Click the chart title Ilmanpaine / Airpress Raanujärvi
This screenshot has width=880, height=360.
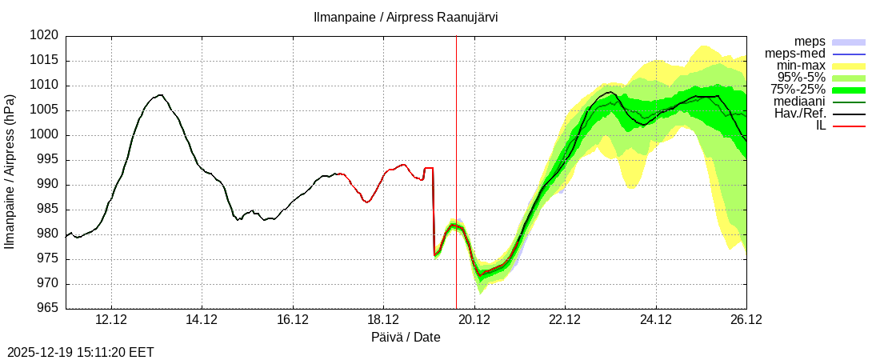tap(406, 18)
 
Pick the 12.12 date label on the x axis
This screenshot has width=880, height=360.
tap(110, 320)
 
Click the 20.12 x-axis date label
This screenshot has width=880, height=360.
tap(474, 320)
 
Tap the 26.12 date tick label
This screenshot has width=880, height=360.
tap(746, 320)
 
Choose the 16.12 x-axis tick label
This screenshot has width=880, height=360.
tap(292, 320)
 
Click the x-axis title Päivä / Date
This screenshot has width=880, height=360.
tap(406, 338)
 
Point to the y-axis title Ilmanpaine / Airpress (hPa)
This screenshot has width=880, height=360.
tap(10, 172)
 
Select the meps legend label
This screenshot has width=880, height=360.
tap(810, 42)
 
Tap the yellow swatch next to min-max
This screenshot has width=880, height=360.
tap(849, 66)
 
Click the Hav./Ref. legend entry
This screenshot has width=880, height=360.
tap(800, 114)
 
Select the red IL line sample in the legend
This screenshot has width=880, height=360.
tap(849, 126)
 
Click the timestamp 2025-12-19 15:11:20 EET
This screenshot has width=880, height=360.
tap(81, 352)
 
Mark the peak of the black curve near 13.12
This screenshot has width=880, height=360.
tap(160, 95)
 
